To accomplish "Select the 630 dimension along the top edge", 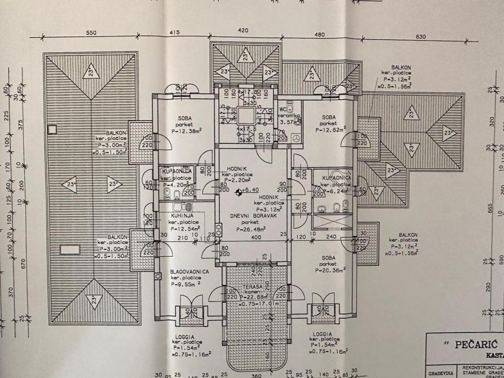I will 421,37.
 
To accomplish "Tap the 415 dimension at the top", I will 174,33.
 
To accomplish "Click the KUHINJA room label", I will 175,216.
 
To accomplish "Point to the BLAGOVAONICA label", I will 189,271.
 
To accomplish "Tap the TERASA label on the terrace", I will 250,287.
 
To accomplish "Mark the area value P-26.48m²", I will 251,228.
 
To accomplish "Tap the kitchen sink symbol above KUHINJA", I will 181,207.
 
